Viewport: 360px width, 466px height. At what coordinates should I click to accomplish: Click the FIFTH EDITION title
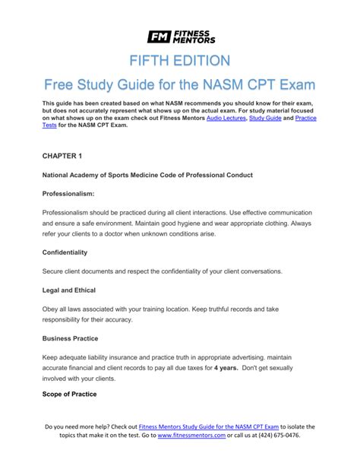[179, 61]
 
